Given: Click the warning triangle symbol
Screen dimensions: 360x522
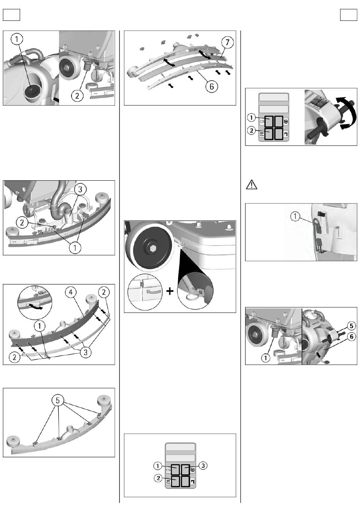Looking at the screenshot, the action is click(x=251, y=184).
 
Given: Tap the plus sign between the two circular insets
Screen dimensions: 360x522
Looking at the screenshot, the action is click(x=170, y=291).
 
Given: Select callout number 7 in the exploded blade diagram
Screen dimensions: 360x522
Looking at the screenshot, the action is click(x=227, y=42).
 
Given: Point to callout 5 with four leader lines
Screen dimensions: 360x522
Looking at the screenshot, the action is click(x=58, y=400).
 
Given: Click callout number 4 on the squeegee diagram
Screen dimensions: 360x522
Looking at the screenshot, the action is click(x=71, y=292).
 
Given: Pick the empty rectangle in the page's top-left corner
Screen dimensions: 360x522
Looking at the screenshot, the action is click(x=11, y=15).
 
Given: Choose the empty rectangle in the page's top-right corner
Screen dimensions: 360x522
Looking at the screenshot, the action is click(x=349, y=15).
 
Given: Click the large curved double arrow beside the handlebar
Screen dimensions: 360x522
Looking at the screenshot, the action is click(x=347, y=113).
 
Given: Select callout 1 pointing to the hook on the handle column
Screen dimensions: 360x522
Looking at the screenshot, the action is click(x=295, y=217).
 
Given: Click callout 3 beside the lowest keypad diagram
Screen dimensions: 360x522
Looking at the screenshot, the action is click(x=203, y=466).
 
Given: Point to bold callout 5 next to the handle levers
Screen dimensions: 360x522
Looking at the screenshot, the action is click(x=351, y=326).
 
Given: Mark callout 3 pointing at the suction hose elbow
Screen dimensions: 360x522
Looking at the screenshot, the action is click(x=80, y=189).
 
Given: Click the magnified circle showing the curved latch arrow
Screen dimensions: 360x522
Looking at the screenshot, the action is click(x=35, y=301).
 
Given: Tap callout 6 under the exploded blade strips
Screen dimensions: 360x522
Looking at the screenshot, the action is click(x=211, y=86).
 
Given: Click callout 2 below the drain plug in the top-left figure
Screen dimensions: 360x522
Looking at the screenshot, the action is click(x=77, y=95).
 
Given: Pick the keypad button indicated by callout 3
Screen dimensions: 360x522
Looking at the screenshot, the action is click(x=186, y=469).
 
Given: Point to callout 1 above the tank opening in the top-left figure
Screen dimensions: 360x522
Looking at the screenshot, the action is click(x=17, y=39).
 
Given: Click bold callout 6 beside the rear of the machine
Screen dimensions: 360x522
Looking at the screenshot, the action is click(x=351, y=336).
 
